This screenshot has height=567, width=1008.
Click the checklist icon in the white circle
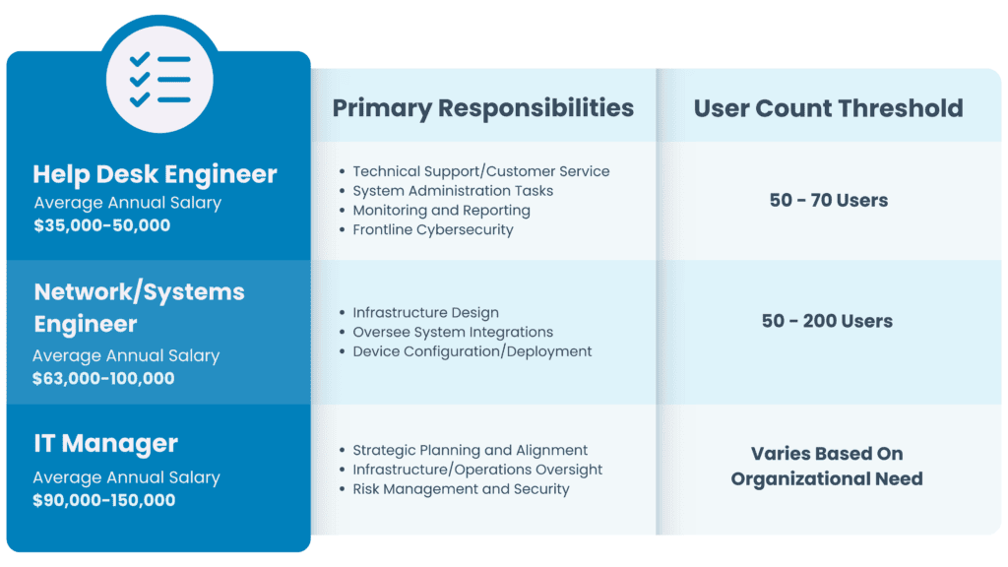pyautogui.click(x=160, y=80)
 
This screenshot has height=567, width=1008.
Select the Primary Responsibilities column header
pyautogui.click(x=482, y=108)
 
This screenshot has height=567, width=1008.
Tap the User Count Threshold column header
pyautogui.click(x=828, y=108)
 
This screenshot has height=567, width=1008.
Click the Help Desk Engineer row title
pyautogui.click(x=155, y=174)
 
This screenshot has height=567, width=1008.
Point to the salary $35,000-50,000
pyautogui.click(x=102, y=225)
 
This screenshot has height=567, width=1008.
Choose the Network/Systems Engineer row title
pyautogui.click(x=140, y=308)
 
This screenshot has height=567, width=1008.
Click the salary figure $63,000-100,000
pyautogui.click(x=103, y=378)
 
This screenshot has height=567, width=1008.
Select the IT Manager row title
pyautogui.click(x=106, y=443)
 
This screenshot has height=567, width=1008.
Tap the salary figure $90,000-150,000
pyautogui.click(x=104, y=499)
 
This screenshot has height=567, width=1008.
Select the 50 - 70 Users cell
pyautogui.click(x=829, y=200)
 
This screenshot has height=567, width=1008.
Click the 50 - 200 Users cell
pyautogui.click(x=827, y=321)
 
